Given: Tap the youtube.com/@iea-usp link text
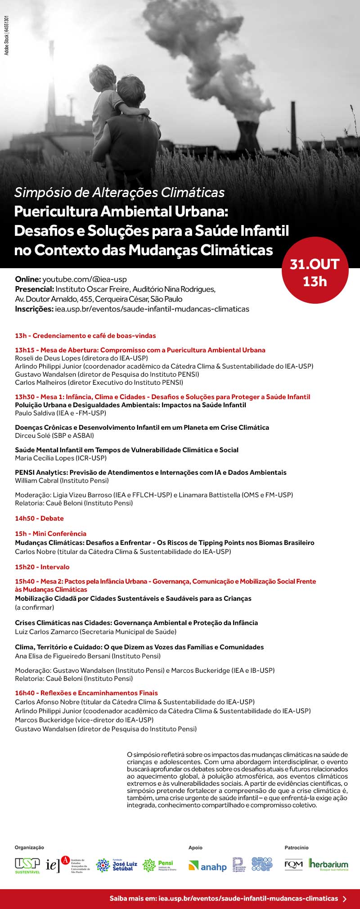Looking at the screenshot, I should coord(85,279).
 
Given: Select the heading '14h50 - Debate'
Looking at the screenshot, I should coord(39,518).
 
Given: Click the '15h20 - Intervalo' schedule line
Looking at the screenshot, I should coord(42,567).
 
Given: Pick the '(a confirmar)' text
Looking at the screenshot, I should coord(35,607).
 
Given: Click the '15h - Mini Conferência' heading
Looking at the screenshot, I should coord(50,534).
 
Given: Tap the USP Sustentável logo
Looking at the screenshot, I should coord(27,864).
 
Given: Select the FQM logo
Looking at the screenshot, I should coord(293,864).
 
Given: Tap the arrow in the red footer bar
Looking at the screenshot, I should coord(345,899).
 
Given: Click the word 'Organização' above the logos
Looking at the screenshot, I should coord(30,848).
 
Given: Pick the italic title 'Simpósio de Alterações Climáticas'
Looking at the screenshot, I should coord(120,193).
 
